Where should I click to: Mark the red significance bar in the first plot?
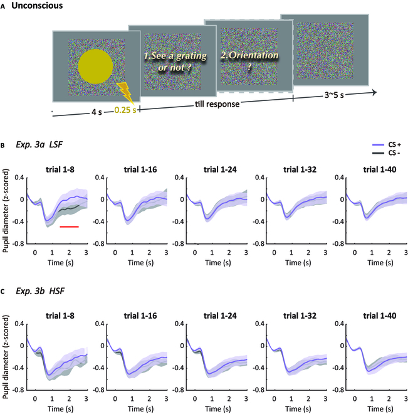pyautogui.click(x=70, y=226)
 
